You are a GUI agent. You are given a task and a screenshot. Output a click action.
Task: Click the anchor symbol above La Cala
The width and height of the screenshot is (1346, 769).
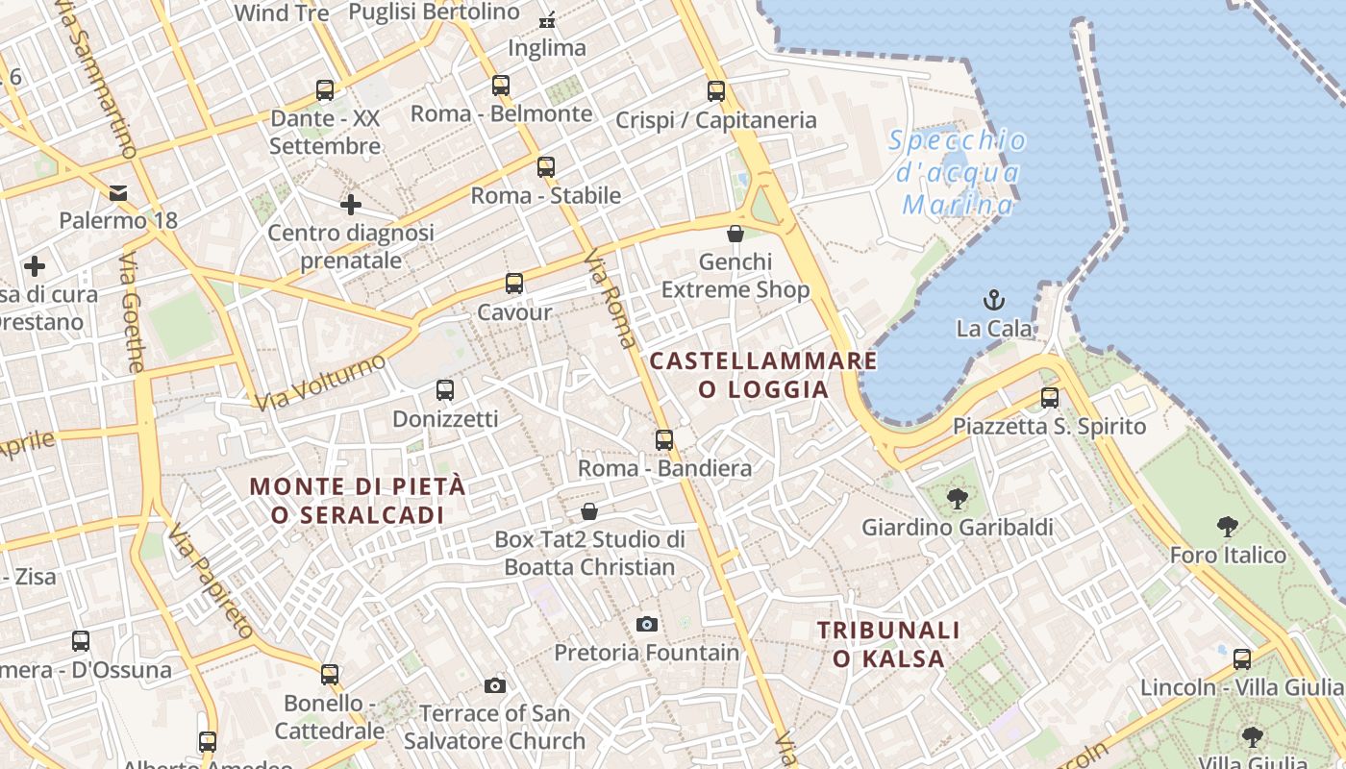click(x=994, y=300)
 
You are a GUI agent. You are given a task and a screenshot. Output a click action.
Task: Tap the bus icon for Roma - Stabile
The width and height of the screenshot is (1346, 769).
click(x=546, y=166)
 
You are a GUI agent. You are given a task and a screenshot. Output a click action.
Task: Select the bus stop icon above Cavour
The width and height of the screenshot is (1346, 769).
click(x=514, y=284)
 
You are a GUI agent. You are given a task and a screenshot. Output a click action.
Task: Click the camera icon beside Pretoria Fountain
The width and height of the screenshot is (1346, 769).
click(x=647, y=624)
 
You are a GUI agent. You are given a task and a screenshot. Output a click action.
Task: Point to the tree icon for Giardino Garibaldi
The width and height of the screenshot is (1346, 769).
click(x=957, y=498)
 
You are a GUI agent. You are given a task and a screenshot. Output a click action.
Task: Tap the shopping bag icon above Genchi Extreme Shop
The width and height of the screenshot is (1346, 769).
click(x=735, y=234)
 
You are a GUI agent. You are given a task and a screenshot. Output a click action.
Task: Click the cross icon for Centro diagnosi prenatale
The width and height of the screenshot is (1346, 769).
click(x=351, y=204)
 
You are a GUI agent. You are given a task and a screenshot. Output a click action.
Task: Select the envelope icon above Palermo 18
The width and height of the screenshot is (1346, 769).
click(x=118, y=192)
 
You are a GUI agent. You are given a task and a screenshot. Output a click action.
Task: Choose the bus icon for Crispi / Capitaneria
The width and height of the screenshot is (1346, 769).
click(x=716, y=91)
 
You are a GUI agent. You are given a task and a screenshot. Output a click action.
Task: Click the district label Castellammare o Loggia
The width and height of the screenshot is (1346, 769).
click(x=763, y=375)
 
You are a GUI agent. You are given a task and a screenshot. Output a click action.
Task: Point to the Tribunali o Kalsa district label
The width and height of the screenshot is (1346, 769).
click(x=888, y=644)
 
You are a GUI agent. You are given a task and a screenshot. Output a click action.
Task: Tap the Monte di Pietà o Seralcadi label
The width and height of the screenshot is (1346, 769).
click(x=358, y=500)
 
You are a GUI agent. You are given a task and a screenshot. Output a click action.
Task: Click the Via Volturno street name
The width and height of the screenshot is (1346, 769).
click(x=321, y=382)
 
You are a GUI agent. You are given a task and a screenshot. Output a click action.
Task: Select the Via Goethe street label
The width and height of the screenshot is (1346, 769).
click(x=133, y=312)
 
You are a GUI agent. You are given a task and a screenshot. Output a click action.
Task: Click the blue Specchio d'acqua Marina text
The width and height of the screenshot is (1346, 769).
click(x=958, y=173)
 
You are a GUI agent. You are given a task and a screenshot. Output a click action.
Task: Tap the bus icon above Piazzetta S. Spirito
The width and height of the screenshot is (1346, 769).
click(x=1050, y=397)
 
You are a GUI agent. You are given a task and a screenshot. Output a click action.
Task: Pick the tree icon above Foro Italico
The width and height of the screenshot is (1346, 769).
click(x=1227, y=526)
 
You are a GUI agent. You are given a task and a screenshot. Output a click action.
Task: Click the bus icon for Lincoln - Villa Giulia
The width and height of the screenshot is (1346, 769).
click(x=1242, y=658)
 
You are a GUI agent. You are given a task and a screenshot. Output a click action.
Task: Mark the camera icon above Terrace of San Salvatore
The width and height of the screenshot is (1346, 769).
click(x=495, y=685)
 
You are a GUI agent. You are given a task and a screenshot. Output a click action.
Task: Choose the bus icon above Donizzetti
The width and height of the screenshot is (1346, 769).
click(x=445, y=389)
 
